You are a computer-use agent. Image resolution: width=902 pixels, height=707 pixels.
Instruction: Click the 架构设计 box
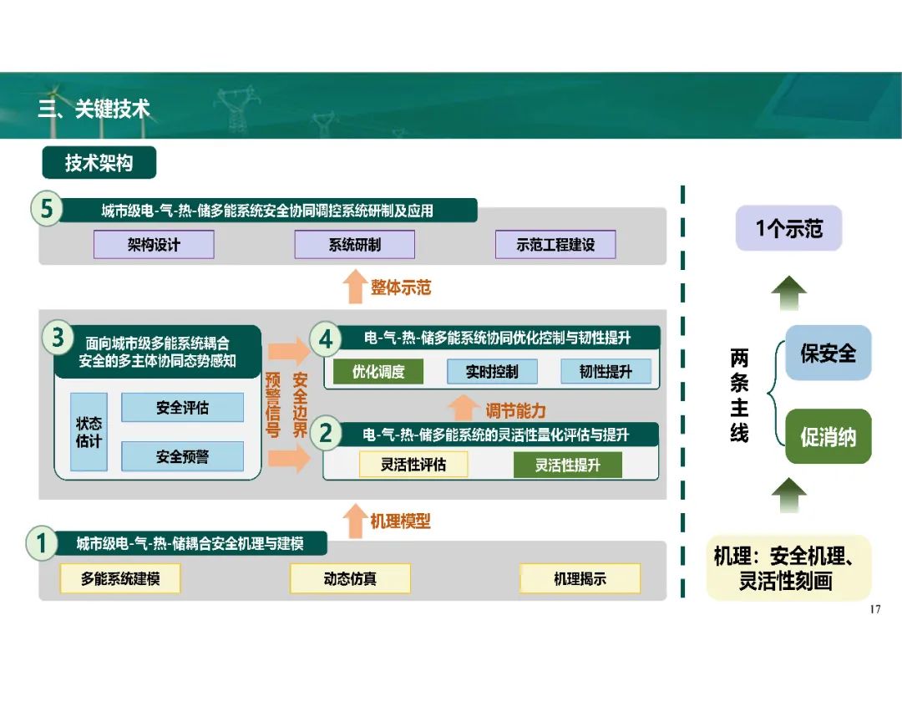coord(154,245)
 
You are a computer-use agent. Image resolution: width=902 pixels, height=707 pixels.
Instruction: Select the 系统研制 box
coord(354,245)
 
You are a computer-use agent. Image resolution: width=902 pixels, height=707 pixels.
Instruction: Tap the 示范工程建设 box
coord(555,245)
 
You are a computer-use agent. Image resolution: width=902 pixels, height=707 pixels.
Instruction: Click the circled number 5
coord(47,208)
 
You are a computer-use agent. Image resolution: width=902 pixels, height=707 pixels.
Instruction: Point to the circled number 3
coord(58,338)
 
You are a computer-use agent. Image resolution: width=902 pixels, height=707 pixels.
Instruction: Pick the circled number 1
coord(42,543)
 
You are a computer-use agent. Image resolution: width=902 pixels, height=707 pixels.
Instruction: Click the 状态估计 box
coord(89,432)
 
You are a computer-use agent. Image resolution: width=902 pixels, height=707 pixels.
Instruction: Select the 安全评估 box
coord(182,408)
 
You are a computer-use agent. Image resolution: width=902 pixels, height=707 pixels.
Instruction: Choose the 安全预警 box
coord(182,456)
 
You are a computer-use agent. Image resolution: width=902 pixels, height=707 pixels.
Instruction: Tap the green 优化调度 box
coord(378,371)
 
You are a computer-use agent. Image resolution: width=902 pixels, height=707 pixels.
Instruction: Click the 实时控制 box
coord(493,371)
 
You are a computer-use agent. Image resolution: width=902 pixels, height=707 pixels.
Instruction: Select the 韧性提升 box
coord(606,371)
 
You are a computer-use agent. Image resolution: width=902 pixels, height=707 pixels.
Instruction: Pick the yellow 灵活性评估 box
coord(413,465)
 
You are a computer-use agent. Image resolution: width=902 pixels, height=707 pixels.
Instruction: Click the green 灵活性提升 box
coord(568,465)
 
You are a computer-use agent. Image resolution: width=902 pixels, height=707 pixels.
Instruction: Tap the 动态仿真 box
coord(350,578)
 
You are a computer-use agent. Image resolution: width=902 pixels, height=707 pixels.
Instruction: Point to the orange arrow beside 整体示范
coord(355,286)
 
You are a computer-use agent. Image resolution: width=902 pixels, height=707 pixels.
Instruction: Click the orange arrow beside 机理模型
coord(355,521)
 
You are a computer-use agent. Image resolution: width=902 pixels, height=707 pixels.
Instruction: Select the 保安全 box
coord(829,353)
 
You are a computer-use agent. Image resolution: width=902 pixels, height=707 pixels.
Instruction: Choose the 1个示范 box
coord(788,228)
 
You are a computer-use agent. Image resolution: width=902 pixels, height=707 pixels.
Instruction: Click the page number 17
coord(875,609)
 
